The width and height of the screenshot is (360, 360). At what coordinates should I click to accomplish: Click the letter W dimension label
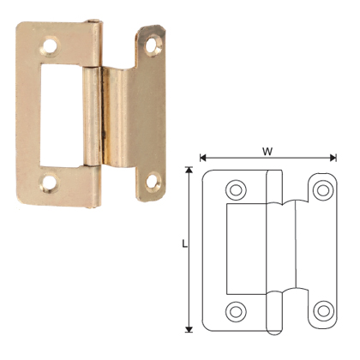[267, 150]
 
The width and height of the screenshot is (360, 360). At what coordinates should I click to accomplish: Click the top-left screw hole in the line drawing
[236, 189]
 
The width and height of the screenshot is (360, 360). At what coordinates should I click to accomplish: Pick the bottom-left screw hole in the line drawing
[236, 309]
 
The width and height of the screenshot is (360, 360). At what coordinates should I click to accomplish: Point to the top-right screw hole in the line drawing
[322, 189]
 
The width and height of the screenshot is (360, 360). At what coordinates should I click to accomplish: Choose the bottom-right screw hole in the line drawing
[322, 309]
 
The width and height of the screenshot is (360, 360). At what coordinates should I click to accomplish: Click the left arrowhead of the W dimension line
[202, 158]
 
